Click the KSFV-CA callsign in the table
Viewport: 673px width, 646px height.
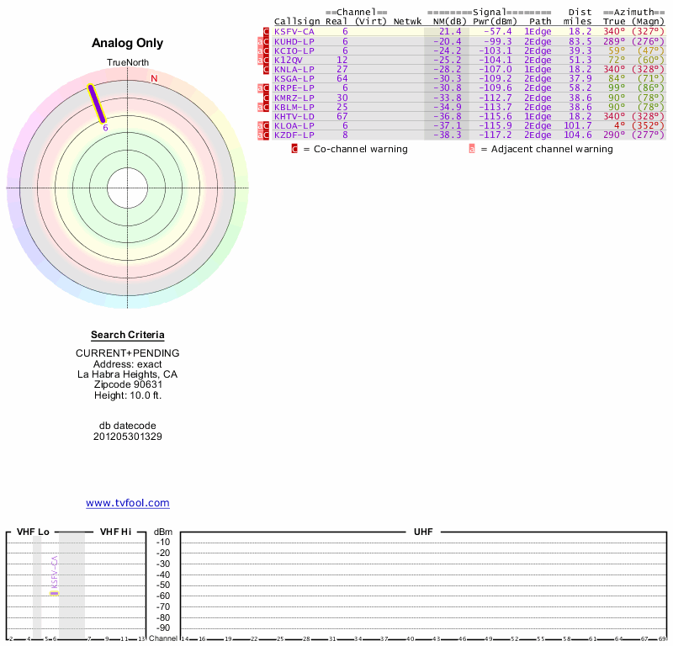[x=294, y=31]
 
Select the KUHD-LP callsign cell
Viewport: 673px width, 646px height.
[x=294, y=41]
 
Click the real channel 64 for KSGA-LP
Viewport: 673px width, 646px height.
[x=342, y=78]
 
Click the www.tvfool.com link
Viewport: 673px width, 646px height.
[x=127, y=503]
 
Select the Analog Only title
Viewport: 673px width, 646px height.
[x=127, y=43]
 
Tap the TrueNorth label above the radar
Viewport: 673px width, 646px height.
[x=127, y=63]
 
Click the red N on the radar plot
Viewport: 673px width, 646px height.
[x=154, y=79]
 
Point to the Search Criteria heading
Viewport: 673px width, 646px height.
[x=127, y=335]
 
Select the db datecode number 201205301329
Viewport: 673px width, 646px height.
[x=127, y=437]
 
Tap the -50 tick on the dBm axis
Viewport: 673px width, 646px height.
[x=163, y=585]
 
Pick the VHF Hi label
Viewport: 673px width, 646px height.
[x=115, y=532]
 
